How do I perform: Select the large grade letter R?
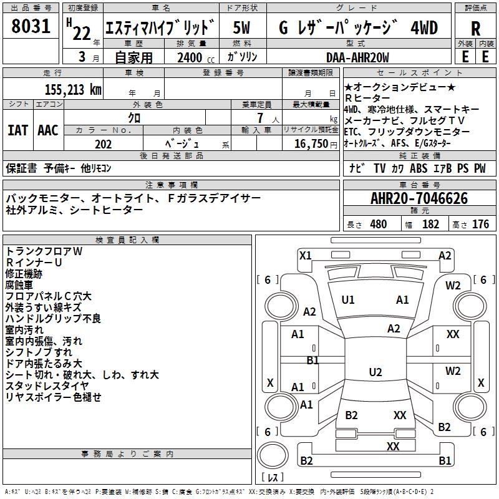click(475, 28)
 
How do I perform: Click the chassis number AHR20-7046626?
click(419, 198)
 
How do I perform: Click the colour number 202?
click(103, 144)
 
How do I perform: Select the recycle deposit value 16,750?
click(310, 144)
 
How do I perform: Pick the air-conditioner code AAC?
click(47, 130)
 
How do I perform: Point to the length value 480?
click(378, 225)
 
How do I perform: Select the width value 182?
click(430, 225)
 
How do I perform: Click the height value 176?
click(480, 225)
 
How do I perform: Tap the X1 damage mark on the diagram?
click(305, 255)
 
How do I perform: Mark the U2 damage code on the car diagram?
click(375, 372)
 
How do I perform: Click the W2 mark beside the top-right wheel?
click(453, 286)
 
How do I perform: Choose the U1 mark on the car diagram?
click(348, 300)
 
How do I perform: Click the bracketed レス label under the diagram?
click(273, 477)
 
